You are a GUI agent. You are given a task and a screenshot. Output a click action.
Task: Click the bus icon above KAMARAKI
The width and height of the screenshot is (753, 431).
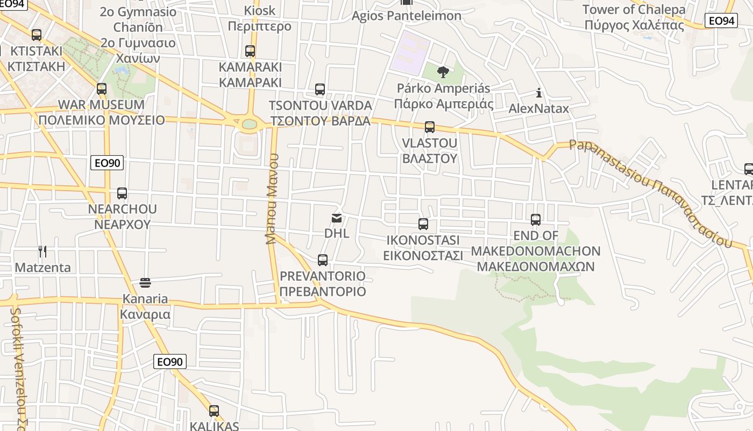tap(250, 51)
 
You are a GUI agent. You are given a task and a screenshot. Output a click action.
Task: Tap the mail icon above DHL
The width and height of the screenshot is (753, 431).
tap(337, 218)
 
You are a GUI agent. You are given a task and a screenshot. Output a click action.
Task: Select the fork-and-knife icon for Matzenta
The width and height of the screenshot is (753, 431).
tap(42, 251)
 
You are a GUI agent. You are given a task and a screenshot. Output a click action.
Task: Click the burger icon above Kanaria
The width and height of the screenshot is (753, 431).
tap(145, 282)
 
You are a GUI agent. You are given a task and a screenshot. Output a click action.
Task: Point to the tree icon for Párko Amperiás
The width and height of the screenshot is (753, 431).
tap(443, 72)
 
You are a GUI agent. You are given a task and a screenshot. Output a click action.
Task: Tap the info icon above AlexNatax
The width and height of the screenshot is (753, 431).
tap(539, 93)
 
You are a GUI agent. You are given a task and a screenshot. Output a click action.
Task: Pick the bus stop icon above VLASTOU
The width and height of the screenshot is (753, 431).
tap(429, 127)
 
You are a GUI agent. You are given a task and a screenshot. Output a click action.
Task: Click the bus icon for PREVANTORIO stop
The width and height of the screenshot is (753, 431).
tap(323, 260)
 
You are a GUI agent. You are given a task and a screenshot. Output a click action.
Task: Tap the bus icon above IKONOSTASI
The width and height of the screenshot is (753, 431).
tap(423, 224)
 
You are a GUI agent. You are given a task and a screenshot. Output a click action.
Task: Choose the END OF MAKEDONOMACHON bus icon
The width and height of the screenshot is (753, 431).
tap(536, 220)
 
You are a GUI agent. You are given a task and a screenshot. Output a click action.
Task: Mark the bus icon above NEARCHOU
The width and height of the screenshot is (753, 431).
tap(122, 193)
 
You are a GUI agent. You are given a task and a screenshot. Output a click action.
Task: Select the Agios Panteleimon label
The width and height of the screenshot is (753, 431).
tap(407, 16)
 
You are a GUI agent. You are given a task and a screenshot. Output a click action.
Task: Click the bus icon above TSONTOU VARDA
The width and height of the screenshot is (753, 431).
tap(320, 89)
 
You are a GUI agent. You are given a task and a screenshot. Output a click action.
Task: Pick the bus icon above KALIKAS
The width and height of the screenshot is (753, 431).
tap(214, 411)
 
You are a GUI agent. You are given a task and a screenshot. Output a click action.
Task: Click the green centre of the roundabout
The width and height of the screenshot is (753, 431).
tap(249, 124)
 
